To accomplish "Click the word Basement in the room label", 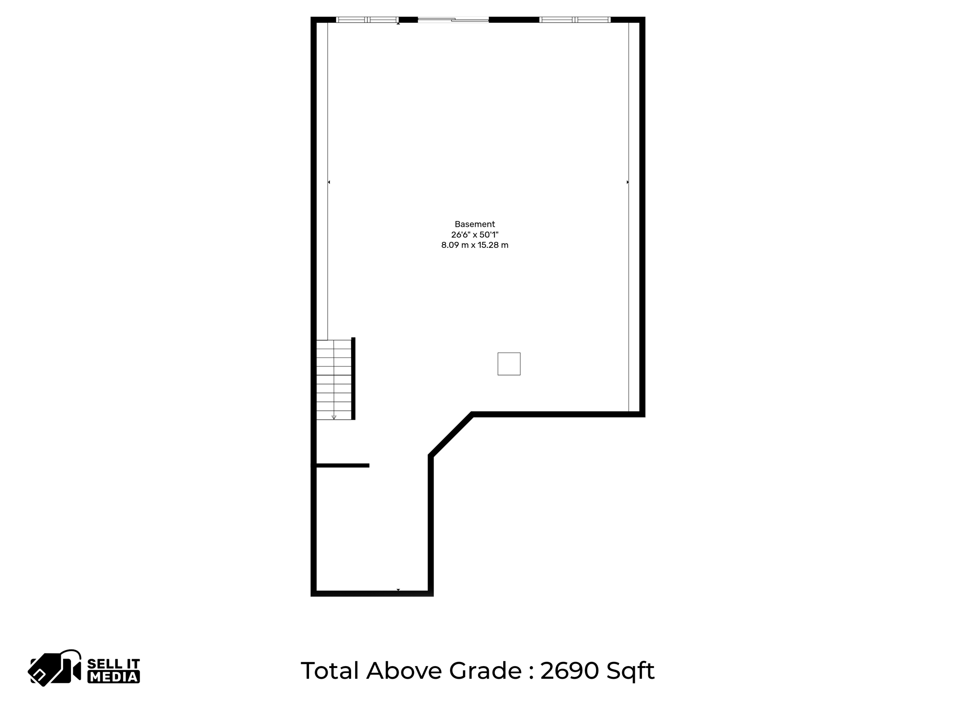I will coord(475,224).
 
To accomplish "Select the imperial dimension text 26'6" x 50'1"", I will coord(475,235).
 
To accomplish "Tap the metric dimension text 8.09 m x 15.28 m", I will coord(475,245).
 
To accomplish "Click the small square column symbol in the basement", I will coord(509,364).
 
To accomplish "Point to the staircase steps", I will coord(334,378).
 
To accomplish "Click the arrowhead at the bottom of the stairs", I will coord(334,417).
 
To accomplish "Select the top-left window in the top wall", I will coord(367,20).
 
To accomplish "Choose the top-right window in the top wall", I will coord(575,20).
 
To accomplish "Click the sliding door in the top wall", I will coord(453,20).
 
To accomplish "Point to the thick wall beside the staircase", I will coord(353,378).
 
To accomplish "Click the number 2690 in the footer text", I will coord(569,671).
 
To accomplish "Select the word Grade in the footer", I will coord(485,671).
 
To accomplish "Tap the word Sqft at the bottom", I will coord(630,671).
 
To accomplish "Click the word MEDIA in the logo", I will coord(113,677).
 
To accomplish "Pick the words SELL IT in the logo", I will coord(113,664).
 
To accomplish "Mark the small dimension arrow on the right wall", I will coord(627,182).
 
